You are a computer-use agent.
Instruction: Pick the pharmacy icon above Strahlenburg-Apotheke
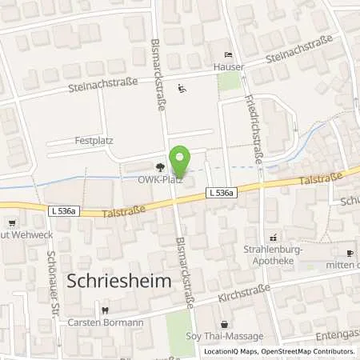pos(274,238)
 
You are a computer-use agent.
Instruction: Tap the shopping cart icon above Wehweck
pos(11,223)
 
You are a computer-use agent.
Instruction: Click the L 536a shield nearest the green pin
pos(218,192)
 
